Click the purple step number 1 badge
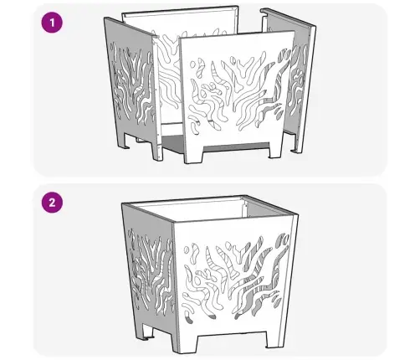pyautogui.click(x=52, y=23)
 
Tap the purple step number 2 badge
pyautogui.click(x=52, y=203)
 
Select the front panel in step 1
pyautogui.click(x=237, y=98)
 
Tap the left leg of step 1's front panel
pyautogui.click(x=194, y=154)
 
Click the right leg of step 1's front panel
pyautogui.click(x=276, y=149)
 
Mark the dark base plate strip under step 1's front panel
pyautogui.click(x=237, y=147)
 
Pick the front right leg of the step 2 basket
pyautogui.click(x=274, y=338)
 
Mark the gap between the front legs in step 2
pyautogui.click(x=231, y=340)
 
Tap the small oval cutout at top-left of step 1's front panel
pyautogui.click(x=192, y=64)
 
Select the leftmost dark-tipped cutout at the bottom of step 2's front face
pyautogui.click(x=188, y=318)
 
